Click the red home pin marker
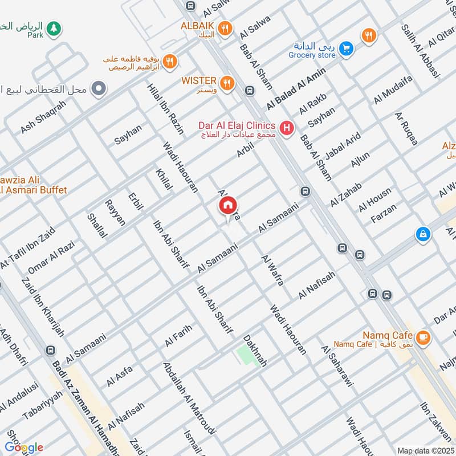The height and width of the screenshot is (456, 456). point(227,206)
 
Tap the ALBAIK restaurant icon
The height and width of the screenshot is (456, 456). point(226,27)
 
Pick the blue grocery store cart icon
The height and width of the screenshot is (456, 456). point(345,50)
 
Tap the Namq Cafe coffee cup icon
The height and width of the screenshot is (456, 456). point(422,338)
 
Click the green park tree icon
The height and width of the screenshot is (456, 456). point(53,27)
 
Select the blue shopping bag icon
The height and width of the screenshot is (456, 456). point(422,234)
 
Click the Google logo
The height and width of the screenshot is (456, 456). point(24,447)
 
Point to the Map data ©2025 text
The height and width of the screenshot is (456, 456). point(426,450)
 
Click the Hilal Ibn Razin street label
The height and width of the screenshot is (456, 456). point(165,109)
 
